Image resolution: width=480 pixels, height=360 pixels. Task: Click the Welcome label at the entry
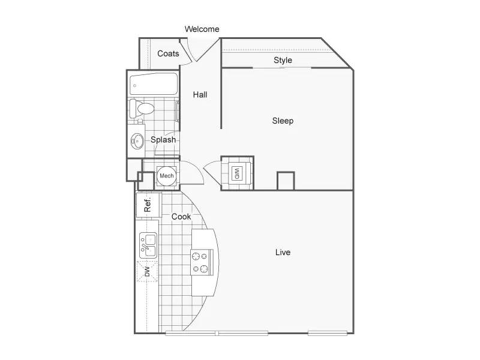(x=202, y=29)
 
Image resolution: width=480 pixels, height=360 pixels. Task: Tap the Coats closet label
(x=168, y=53)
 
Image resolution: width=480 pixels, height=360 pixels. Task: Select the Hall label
(x=200, y=95)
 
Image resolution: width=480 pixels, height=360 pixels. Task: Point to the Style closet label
(x=283, y=60)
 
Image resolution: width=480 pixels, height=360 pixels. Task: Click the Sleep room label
(x=283, y=121)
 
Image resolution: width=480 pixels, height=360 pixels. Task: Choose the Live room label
(x=283, y=252)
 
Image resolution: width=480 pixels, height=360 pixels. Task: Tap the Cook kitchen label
(x=181, y=217)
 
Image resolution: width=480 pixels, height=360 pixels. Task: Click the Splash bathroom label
(x=163, y=140)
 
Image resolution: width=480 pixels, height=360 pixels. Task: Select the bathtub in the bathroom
(x=154, y=84)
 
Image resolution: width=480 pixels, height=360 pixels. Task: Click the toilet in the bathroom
(x=142, y=108)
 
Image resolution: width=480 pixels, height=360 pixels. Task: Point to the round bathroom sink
(x=137, y=142)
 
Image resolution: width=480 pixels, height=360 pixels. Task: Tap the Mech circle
(x=167, y=176)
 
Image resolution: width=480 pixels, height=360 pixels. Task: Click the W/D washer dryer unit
(x=237, y=173)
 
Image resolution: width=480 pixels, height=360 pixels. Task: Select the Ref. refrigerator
(x=148, y=205)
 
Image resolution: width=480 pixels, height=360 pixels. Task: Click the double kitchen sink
(x=148, y=245)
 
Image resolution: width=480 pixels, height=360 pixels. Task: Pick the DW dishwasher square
(x=147, y=271)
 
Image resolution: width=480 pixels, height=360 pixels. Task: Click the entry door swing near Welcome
(x=187, y=50)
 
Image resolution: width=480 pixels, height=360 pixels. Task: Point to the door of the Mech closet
(x=192, y=172)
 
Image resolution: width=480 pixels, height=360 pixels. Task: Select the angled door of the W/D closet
(x=212, y=172)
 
